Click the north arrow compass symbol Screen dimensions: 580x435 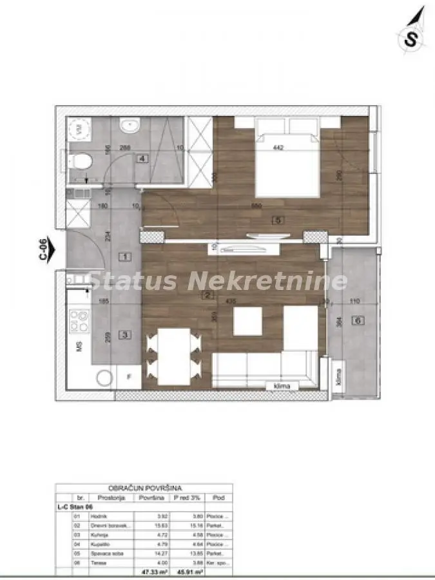point(412,29)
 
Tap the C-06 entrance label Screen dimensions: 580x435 point(43,249)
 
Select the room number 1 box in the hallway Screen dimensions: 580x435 point(126,257)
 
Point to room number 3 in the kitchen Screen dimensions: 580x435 point(126,334)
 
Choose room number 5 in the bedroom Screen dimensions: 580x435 point(278,219)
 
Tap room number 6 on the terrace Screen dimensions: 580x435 point(357,320)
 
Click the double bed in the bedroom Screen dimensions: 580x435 point(287,159)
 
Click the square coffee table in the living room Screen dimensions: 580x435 point(247,321)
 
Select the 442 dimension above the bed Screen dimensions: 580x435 point(279,147)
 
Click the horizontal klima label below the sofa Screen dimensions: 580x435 point(281,385)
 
